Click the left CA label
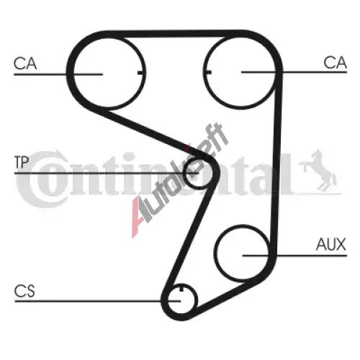(x=25, y=63)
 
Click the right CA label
(x=335, y=63)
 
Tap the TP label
(x=22, y=162)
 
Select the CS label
(x=24, y=291)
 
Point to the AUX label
(x=331, y=244)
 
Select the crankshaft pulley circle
(x=197, y=300)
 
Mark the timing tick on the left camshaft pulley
(x=141, y=72)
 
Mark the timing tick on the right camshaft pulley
(x=207, y=72)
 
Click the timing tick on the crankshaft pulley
(x=181, y=288)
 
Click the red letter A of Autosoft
(x=140, y=216)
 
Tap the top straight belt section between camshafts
(x=174, y=34)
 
